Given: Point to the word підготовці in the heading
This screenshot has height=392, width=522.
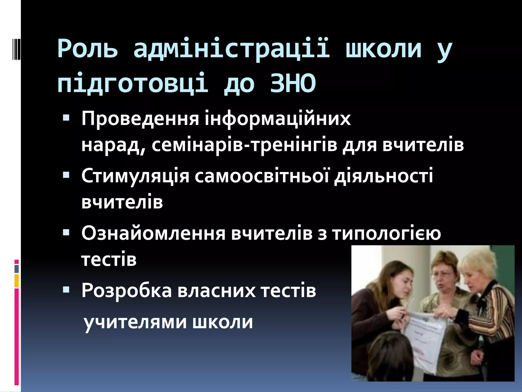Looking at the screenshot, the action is coord(133,83).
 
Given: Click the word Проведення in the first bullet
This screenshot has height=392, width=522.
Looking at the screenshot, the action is coord(140,119).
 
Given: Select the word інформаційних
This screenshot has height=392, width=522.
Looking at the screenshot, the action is coord(278,119).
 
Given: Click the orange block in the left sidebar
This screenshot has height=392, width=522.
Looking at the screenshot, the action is coord(17,281).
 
